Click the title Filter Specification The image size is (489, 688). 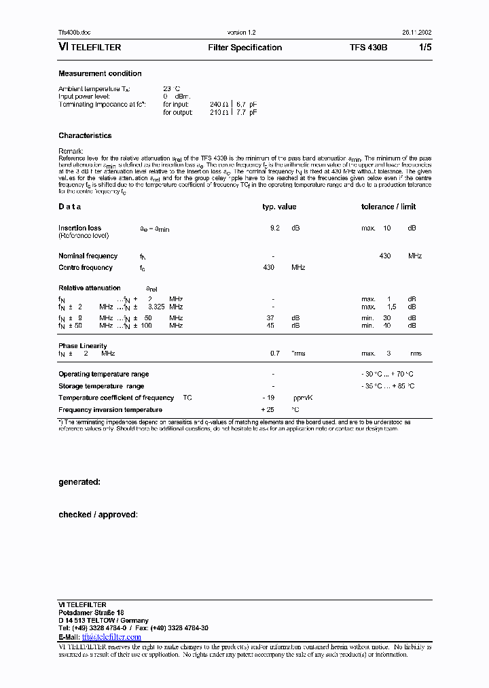(244, 48)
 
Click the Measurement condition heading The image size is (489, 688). (100, 73)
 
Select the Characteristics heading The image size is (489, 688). (85, 136)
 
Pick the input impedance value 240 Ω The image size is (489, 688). (220, 105)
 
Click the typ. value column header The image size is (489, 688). (279, 207)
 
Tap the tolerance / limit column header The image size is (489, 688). (388, 207)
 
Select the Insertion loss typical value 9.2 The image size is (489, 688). (274, 228)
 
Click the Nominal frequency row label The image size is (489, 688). (88, 256)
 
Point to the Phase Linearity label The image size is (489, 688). (82, 346)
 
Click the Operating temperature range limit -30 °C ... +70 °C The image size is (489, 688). (388, 375)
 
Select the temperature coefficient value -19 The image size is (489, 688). (268, 398)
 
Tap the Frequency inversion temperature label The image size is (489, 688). (110, 410)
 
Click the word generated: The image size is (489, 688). (79, 482)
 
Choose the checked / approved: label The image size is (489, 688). (98, 515)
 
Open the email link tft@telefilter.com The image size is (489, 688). (111, 637)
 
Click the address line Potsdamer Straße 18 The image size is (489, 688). (90, 613)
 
